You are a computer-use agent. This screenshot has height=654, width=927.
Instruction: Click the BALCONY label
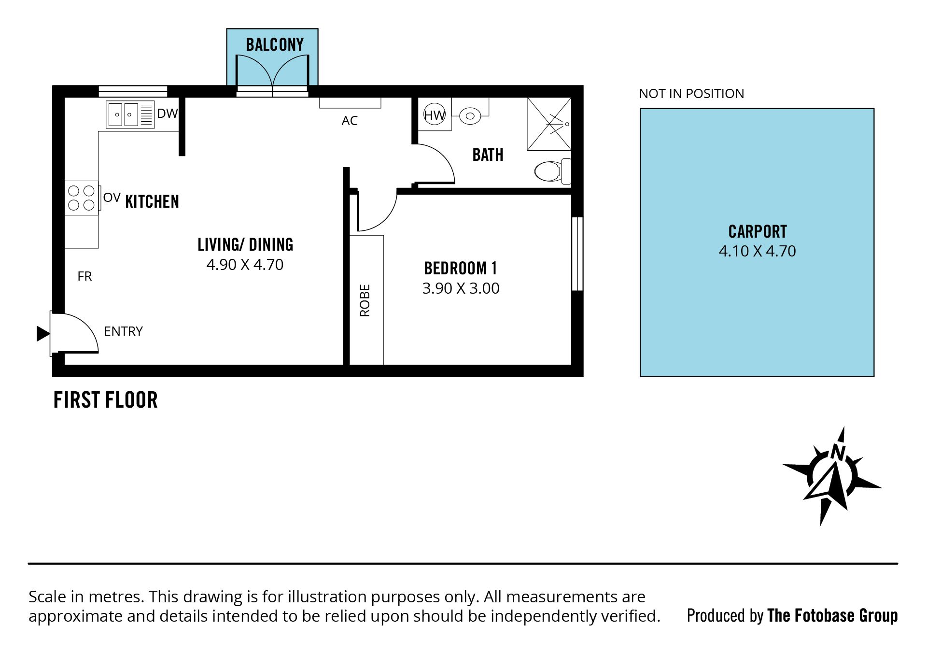[275, 45]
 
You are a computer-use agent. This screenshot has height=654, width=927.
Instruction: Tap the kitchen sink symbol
[130, 114]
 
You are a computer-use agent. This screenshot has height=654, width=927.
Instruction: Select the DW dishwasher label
[167, 114]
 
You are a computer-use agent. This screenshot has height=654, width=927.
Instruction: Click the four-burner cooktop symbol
[81, 198]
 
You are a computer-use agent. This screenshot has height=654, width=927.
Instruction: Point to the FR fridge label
[84, 276]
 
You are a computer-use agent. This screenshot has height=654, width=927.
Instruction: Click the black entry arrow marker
[43, 333]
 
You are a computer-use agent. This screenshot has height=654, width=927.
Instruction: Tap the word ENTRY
[123, 331]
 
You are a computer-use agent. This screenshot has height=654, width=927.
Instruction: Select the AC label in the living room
[350, 121]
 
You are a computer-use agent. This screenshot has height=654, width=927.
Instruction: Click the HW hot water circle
[434, 115]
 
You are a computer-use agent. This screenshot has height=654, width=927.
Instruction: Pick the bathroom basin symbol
[470, 115]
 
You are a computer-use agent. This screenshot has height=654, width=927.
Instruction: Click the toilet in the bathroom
[553, 171]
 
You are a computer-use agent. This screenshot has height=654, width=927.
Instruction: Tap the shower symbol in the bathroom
[549, 124]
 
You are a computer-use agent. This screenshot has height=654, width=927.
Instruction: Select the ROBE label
[365, 300]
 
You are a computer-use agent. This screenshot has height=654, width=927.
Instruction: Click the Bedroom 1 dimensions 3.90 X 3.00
[461, 288]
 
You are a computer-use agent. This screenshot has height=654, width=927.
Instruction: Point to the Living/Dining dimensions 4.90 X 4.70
[245, 265]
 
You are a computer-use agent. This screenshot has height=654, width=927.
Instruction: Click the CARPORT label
[758, 232]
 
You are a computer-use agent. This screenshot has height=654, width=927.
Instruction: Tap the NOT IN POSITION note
[691, 94]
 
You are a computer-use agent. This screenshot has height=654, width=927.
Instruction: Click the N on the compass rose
[839, 453]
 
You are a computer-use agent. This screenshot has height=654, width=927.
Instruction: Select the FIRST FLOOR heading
[105, 400]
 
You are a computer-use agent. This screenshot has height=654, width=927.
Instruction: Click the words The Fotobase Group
[832, 616]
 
